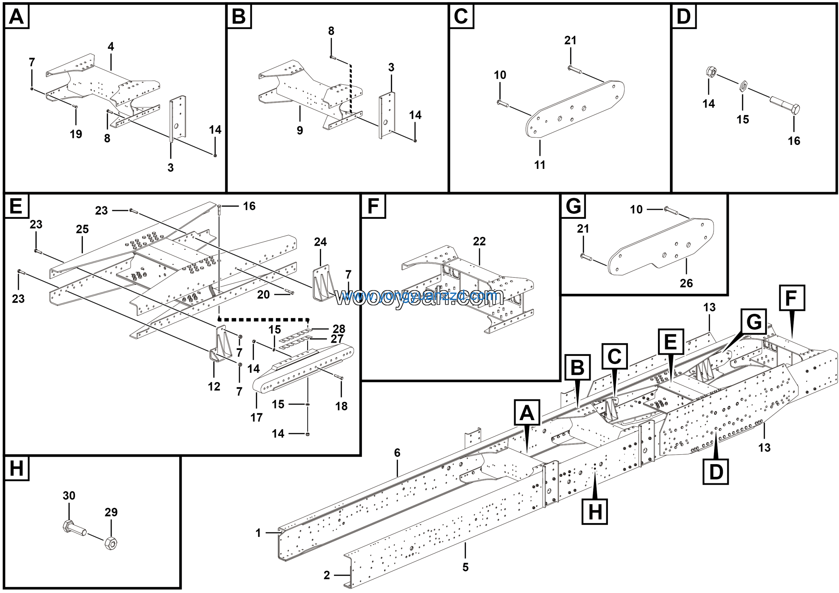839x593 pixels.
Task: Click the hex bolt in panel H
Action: click(x=74, y=529)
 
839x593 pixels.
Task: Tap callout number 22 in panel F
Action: click(x=479, y=241)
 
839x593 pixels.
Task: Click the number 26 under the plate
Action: click(x=686, y=283)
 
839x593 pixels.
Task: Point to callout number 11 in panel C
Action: click(x=540, y=165)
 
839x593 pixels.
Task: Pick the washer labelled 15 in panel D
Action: click(x=743, y=87)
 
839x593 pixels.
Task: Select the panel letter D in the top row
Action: click(x=684, y=16)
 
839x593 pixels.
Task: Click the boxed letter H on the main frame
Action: click(x=595, y=511)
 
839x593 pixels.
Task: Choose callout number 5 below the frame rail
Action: click(x=465, y=567)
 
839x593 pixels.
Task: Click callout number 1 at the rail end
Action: click(x=258, y=533)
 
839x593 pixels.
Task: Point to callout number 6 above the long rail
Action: click(x=397, y=453)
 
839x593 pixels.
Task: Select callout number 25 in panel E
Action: click(x=82, y=229)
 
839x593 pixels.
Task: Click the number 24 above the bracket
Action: click(x=320, y=242)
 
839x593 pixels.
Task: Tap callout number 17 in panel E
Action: click(x=257, y=417)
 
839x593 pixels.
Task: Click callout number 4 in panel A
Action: click(x=111, y=47)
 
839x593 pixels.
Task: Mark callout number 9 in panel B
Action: click(x=300, y=131)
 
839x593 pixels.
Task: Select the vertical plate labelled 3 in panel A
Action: click(x=177, y=118)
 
